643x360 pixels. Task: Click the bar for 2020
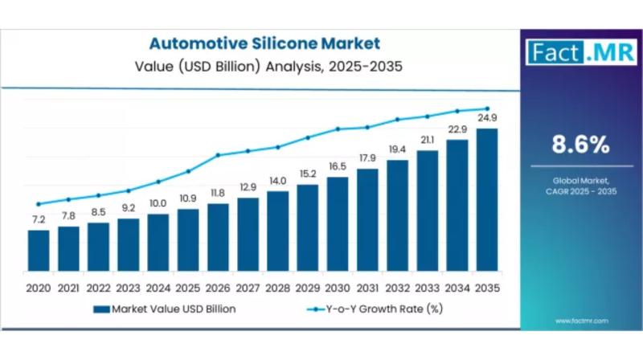(x=38, y=251)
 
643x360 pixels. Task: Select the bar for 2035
(x=486, y=200)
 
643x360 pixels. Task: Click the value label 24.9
(x=487, y=118)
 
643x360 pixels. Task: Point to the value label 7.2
(x=38, y=219)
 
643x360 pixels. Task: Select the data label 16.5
(x=338, y=166)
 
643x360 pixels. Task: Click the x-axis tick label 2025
(x=187, y=287)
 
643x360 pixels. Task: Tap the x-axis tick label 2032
(x=397, y=287)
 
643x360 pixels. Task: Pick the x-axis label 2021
(x=68, y=287)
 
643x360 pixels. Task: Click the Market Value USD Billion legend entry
(x=165, y=309)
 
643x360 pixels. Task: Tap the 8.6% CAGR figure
(x=579, y=145)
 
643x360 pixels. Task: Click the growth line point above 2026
(x=218, y=155)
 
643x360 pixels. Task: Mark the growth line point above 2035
(x=486, y=108)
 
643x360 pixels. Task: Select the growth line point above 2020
(x=38, y=204)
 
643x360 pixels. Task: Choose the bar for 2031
(x=367, y=219)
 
